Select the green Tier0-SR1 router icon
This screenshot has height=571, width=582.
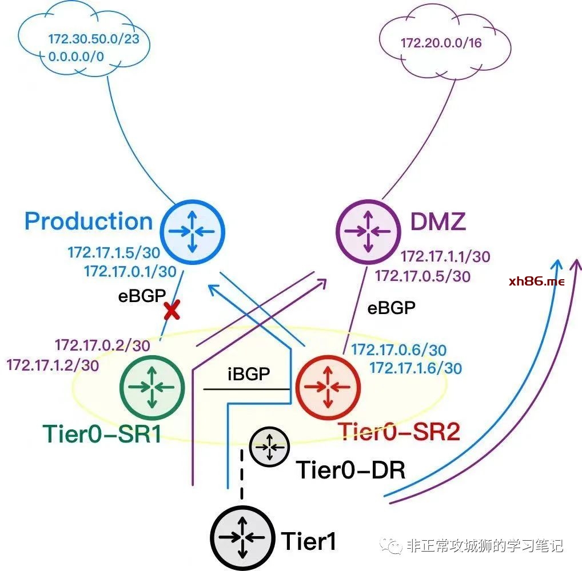point(152,386)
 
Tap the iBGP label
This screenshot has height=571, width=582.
point(248,375)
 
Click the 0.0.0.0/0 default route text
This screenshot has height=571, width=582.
point(77,56)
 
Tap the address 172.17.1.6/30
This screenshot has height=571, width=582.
point(415,368)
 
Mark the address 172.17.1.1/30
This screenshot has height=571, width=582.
point(445,257)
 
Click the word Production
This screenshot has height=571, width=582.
point(89,222)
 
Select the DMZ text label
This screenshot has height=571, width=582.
point(438,222)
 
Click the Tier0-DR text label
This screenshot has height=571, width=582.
point(350,470)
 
